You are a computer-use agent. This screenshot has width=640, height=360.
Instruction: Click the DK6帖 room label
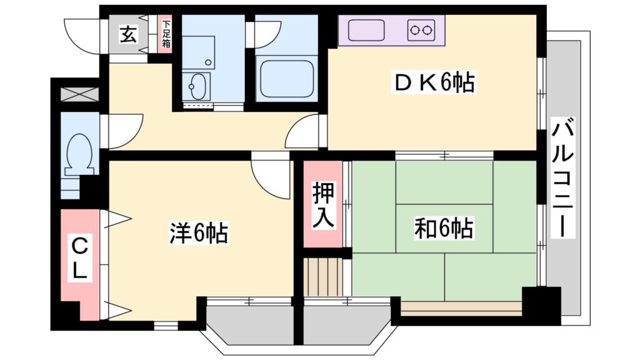pos(434,82)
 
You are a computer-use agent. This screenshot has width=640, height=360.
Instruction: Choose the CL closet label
pos(79,259)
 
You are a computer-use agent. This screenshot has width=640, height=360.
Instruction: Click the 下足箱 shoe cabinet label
pos(166,35)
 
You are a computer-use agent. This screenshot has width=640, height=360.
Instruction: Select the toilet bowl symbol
pos(80,154)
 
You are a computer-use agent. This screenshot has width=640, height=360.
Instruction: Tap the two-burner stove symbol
pos(421,29)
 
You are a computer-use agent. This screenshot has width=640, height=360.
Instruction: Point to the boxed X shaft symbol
pos(79,95)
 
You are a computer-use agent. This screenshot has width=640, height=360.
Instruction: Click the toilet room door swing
pos(124,131)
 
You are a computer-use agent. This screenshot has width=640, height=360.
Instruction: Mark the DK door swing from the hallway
pos(302,132)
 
